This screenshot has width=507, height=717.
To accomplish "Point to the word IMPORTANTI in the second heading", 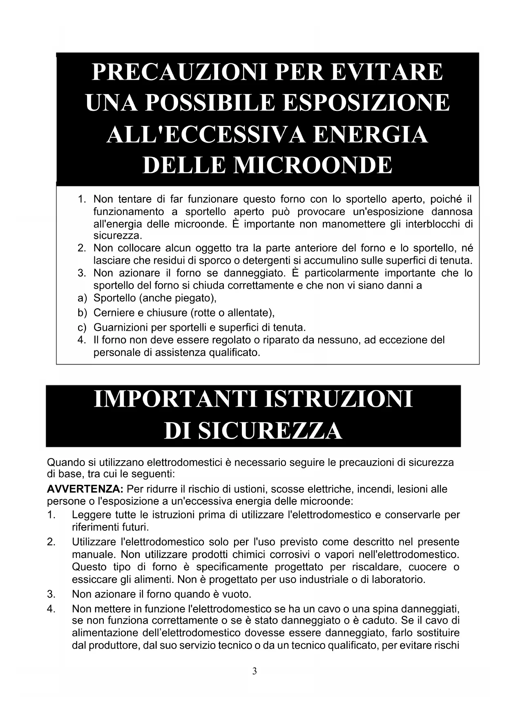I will (x=174, y=399).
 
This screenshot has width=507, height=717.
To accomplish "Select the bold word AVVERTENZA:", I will (x=85, y=489).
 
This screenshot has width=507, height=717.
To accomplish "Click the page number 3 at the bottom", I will (x=255, y=671).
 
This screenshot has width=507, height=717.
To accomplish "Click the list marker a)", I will (x=82, y=298).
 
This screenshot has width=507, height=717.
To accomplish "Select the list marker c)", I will (x=82, y=327).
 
